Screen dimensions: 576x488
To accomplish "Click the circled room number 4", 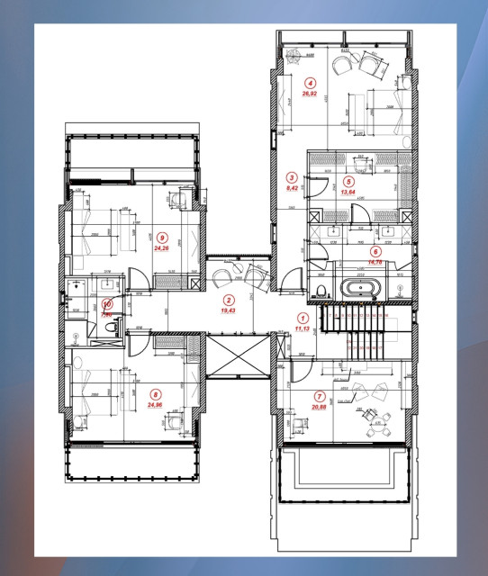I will pos(310,81).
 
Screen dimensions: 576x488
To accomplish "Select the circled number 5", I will pos(348,180).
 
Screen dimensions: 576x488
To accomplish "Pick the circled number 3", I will pos(291,177).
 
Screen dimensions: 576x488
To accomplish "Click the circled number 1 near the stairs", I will pos(303,318).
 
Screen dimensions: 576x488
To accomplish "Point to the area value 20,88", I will pos(320,407).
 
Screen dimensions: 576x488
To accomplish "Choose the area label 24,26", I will pos(163,248).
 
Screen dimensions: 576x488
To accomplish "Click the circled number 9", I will pos(162,238).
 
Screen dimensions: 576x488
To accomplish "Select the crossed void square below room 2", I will pos(238,355).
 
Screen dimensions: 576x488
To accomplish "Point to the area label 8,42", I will pos(291,188).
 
